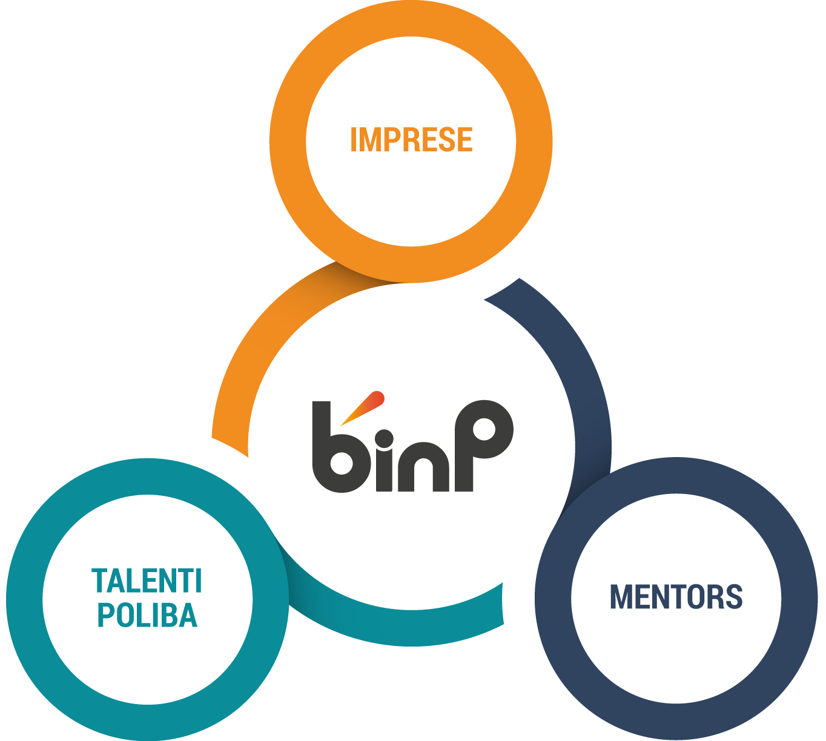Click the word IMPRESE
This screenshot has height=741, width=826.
coord(411,139)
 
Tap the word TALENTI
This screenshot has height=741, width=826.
coord(147,581)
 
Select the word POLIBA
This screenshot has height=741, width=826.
coord(147,615)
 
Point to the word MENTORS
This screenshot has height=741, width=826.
coord(676,597)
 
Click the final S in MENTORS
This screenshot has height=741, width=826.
coord(733,597)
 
